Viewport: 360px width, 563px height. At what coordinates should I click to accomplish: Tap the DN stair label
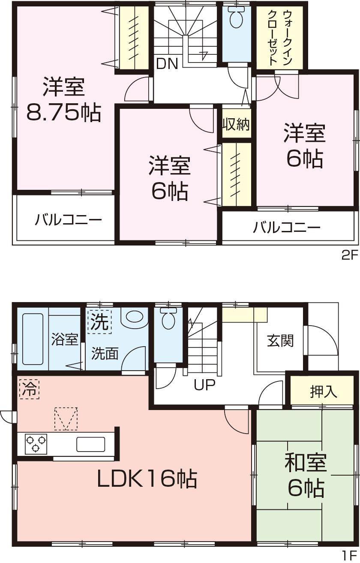[167, 64]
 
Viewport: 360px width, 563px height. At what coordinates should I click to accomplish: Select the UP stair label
[204, 385]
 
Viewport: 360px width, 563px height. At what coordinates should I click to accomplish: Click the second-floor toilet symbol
[237, 19]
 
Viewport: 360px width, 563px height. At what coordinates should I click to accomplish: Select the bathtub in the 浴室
[32, 338]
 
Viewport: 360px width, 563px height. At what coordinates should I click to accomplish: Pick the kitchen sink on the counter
[90, 444]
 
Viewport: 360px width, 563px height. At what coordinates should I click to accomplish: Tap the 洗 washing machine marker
[99, 322]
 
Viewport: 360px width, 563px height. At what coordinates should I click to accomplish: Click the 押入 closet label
[323, 391]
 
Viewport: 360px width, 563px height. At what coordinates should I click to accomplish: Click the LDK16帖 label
[147, 479]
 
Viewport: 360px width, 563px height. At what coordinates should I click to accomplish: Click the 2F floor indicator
[349, 256]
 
